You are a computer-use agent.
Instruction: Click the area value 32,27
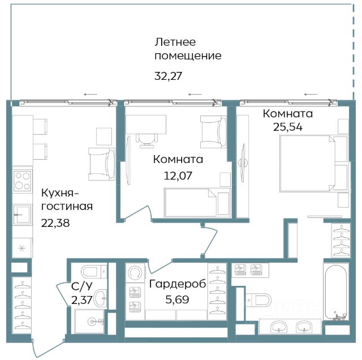click(x=169, y=76)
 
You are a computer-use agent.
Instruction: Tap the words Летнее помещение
click(x=188, y=49)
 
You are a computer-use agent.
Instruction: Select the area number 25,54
click(x=288, y=127)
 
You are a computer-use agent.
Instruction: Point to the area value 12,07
click(x=178, y=175)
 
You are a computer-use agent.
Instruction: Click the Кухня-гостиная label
click(x=67, y=199)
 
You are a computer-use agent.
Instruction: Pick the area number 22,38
click(x=55, y=223)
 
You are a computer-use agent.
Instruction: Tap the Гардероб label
click(x=177, y=284)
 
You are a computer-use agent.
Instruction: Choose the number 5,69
click(x=177, y=299)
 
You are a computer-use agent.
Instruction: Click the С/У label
click(x=81, y=286)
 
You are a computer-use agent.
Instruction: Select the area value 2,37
click(x=82, y=300)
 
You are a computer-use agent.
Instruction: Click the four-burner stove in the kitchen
click(x=22, y=181)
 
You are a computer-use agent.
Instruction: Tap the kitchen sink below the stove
click(x=22, y=215)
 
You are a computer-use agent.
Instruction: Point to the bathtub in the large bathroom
click(x=336, y=293)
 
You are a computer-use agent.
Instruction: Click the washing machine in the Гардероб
click(x=135, y=273)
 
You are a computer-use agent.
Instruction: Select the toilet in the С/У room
click(x=94, y=272)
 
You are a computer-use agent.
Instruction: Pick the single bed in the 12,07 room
click(x=197, y=203)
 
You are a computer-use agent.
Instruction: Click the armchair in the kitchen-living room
click(x=102, y=164)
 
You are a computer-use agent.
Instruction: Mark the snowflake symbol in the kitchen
click(x=22, y=248)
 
